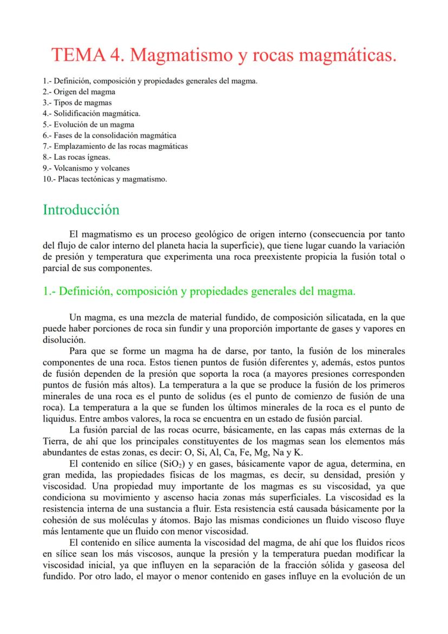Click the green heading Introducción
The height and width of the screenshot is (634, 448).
(81, 210)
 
